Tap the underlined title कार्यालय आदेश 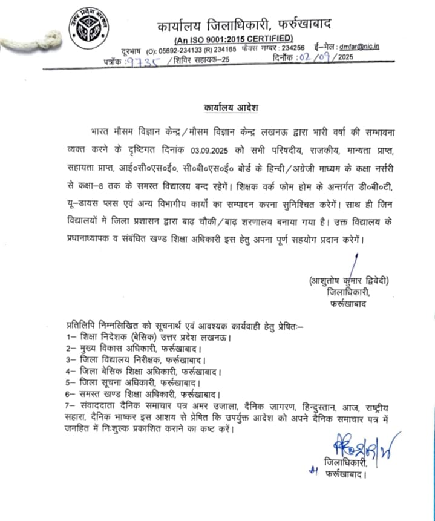tap(230, 107)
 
